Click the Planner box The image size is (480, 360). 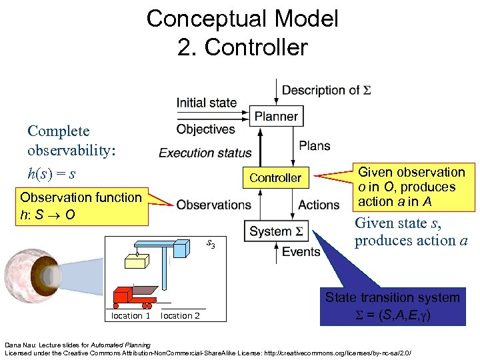point(275,117)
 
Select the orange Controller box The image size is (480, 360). point(275,177)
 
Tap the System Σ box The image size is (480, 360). point(275,232)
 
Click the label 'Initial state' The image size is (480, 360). point(207,103)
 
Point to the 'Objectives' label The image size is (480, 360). point(206,129)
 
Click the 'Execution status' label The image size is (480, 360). point(205,153)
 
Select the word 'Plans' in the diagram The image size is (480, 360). point(315,146)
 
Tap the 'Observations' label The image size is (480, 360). point(213,205)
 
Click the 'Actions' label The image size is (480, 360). point(319,205)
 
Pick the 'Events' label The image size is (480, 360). point(301,251)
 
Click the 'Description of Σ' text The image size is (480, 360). point(326,90)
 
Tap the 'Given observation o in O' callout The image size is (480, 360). point(411,187)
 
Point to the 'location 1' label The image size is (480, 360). point(131,315)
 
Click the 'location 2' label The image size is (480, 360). point(180,315)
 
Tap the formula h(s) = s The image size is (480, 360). point(51,174)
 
